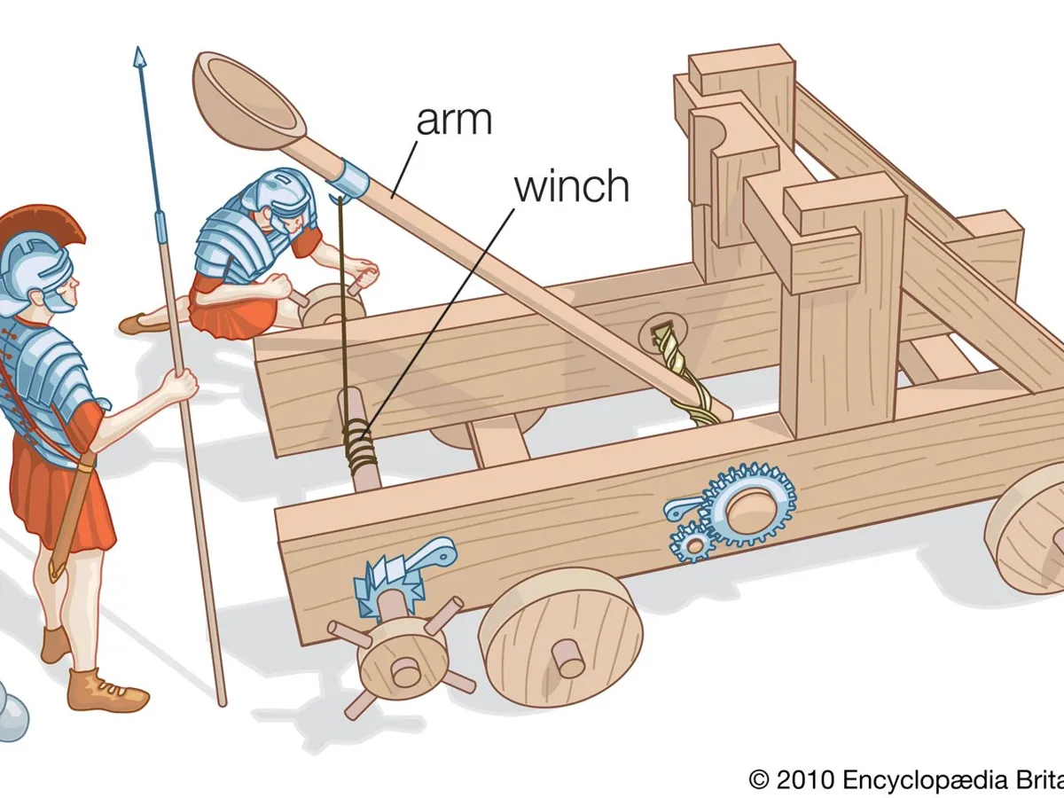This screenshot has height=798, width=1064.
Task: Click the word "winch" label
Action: coord(571,186)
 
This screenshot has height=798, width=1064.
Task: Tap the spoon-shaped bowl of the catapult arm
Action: coord(249,97)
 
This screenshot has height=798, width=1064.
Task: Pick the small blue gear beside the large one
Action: coord(689,543)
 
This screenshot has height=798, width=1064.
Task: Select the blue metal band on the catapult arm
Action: coord(351,178)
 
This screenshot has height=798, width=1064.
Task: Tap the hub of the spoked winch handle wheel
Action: coord(405,670)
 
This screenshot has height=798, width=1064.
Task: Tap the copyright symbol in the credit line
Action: coord(759,779)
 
